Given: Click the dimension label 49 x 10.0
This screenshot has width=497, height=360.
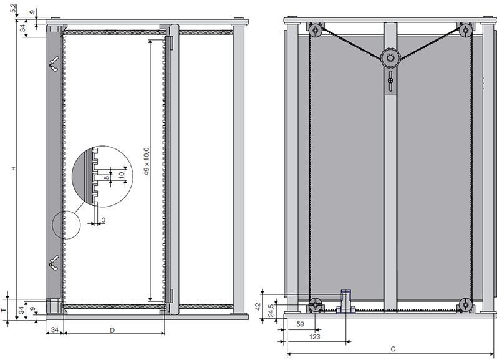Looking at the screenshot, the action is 146,162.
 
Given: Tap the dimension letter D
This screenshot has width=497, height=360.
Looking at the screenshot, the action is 112,330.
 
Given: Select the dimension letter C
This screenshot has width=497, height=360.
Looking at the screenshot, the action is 393,349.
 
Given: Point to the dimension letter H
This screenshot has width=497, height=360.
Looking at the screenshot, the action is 14,168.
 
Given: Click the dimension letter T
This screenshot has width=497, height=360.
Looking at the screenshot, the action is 4,310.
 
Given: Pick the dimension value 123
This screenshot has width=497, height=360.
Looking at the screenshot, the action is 314,336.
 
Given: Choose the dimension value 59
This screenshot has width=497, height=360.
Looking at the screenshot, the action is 300,324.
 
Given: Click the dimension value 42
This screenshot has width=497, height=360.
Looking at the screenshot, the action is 258,306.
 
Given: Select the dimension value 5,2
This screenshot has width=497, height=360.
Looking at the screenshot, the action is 13,9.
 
